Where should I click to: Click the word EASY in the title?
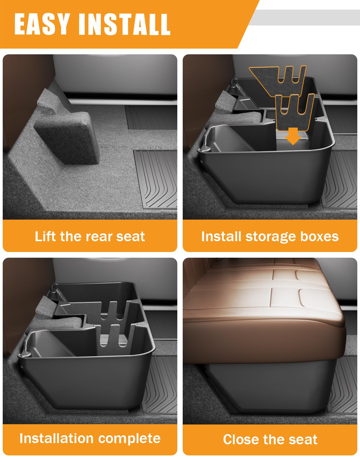coord(42,24)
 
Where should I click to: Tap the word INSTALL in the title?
coord(124,25)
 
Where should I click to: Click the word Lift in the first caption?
coord(46,236)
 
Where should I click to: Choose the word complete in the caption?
coord(129,439)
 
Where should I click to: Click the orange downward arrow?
coord(293,136)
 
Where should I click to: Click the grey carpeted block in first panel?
coord(66,137)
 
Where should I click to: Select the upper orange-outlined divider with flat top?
coord(278,79)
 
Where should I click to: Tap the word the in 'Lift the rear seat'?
coord(71,236)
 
